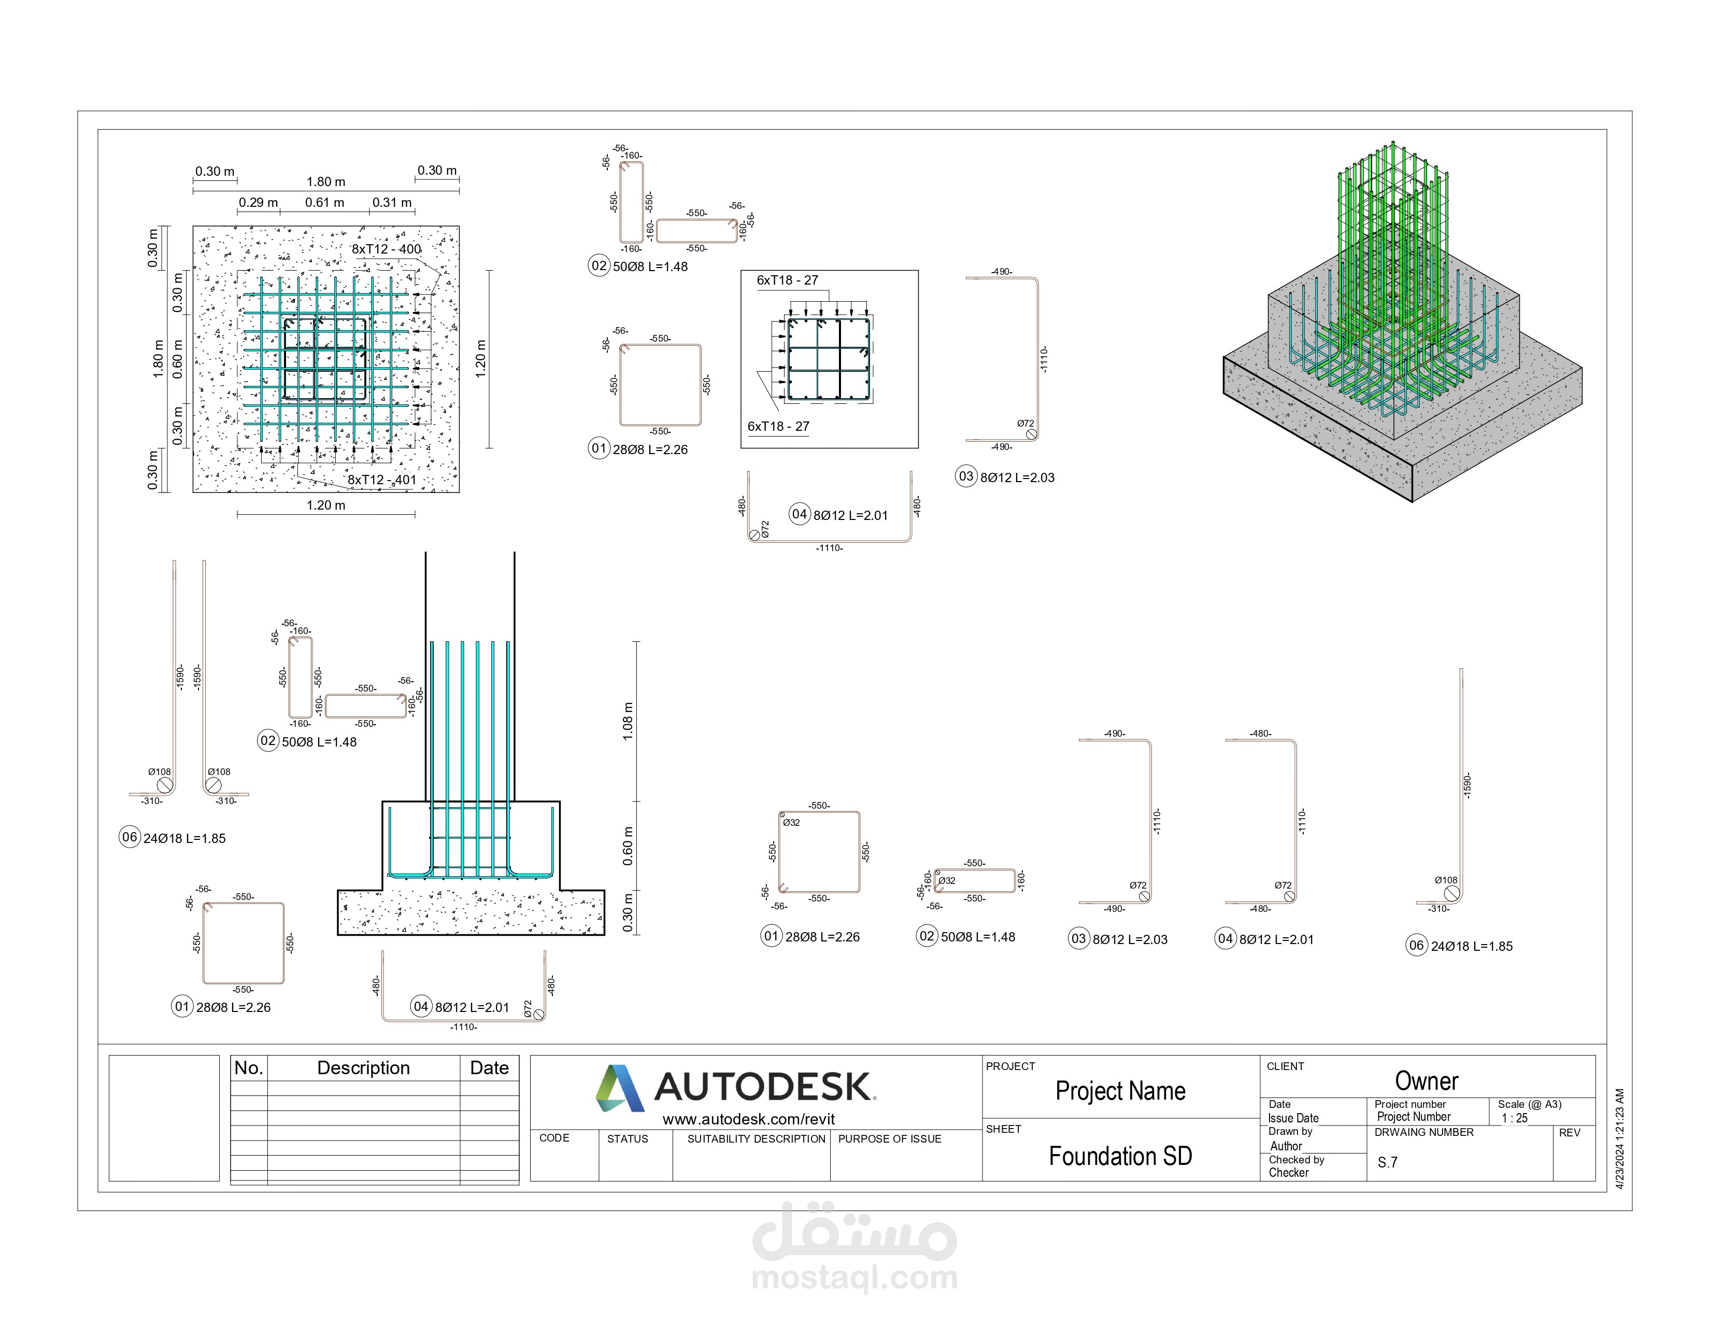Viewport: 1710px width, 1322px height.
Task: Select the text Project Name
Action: (x=1120, y=1091)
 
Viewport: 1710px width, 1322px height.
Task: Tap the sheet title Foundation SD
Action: (x=1120, y=1156)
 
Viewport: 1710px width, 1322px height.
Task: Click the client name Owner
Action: (x=1426, y=1081)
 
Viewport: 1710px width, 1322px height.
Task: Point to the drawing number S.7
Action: (x=1387, y=1162)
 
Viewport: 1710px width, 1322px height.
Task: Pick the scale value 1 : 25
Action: (x=1514, y=1118)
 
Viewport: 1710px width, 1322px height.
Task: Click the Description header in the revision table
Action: (x=363, y=1068)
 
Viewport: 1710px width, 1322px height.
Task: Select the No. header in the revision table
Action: (x=248, y=1068)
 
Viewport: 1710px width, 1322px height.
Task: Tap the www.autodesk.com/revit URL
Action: (x=749, y=1119)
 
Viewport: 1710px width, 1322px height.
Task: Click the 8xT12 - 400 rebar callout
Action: (x=386, y=249)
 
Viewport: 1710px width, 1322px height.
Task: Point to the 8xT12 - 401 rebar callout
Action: (x=382, y=480)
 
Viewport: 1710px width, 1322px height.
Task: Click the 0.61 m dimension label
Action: (x=324, y=202)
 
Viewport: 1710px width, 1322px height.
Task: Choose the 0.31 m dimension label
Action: (x=391, y=202)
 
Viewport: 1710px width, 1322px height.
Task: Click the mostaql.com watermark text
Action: (x=854, y=1278)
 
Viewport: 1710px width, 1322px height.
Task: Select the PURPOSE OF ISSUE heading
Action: (x=889, y=1139)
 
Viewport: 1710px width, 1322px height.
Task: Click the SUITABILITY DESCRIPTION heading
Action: (x=756, y=1139)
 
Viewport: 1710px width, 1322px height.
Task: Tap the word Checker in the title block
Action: (x=1289, y=1172)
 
